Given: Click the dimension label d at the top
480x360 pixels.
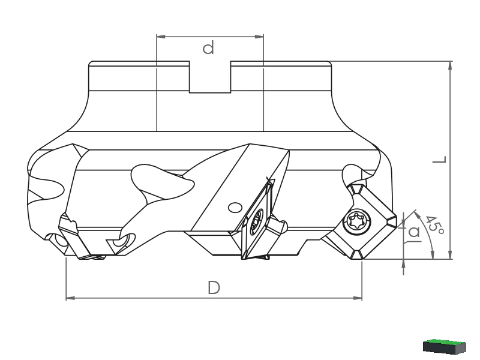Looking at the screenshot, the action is coord(208,49).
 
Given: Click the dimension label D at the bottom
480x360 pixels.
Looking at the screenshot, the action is coord(214,288).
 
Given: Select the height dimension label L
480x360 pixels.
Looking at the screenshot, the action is coord(440,159).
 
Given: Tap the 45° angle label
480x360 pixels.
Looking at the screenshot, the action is coord(434,226).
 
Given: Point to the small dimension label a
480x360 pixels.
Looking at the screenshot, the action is coord(414,232).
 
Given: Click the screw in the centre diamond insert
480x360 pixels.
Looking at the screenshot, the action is coord(257,221).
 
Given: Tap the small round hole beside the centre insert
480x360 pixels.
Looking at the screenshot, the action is coord(235,208).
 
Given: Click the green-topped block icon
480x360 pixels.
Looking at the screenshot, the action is coord(445,346).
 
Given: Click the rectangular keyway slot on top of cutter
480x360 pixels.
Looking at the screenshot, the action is coord(210,77).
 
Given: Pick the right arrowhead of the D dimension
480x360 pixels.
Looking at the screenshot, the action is coord(358,298).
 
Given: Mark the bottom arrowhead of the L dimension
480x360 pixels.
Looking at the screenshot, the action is coord(450,254).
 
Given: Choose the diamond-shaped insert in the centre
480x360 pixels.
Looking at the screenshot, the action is coord(257,220).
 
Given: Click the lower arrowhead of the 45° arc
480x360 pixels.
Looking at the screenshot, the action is coord(432,254).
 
